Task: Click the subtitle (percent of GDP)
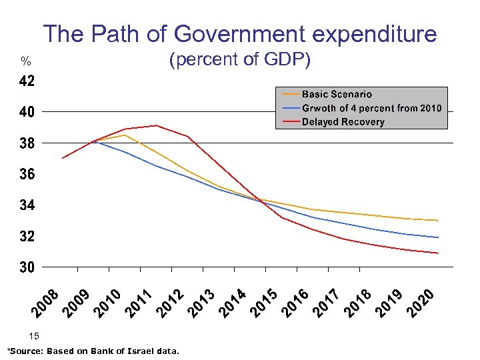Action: (x=240, y=60)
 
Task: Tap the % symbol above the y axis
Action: (x=25, y=62)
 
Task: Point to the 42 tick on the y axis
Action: (x=27, y=81)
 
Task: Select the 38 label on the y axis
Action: (x=27, y=143)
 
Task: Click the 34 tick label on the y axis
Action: (x=27, y=205)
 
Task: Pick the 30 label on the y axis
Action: (x=27, y=267)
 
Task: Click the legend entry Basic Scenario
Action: (x=337, y=95)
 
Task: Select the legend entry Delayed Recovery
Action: (x=343, y=122)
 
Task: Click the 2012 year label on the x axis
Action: (x=171, y=301)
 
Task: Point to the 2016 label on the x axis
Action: (x=294, y=301)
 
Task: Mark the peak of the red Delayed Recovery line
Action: (x=156, y=125)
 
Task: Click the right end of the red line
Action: (x=438, y=253)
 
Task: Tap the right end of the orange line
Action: (x=438, y=221)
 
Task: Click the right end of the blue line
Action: (x=438, y=237)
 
